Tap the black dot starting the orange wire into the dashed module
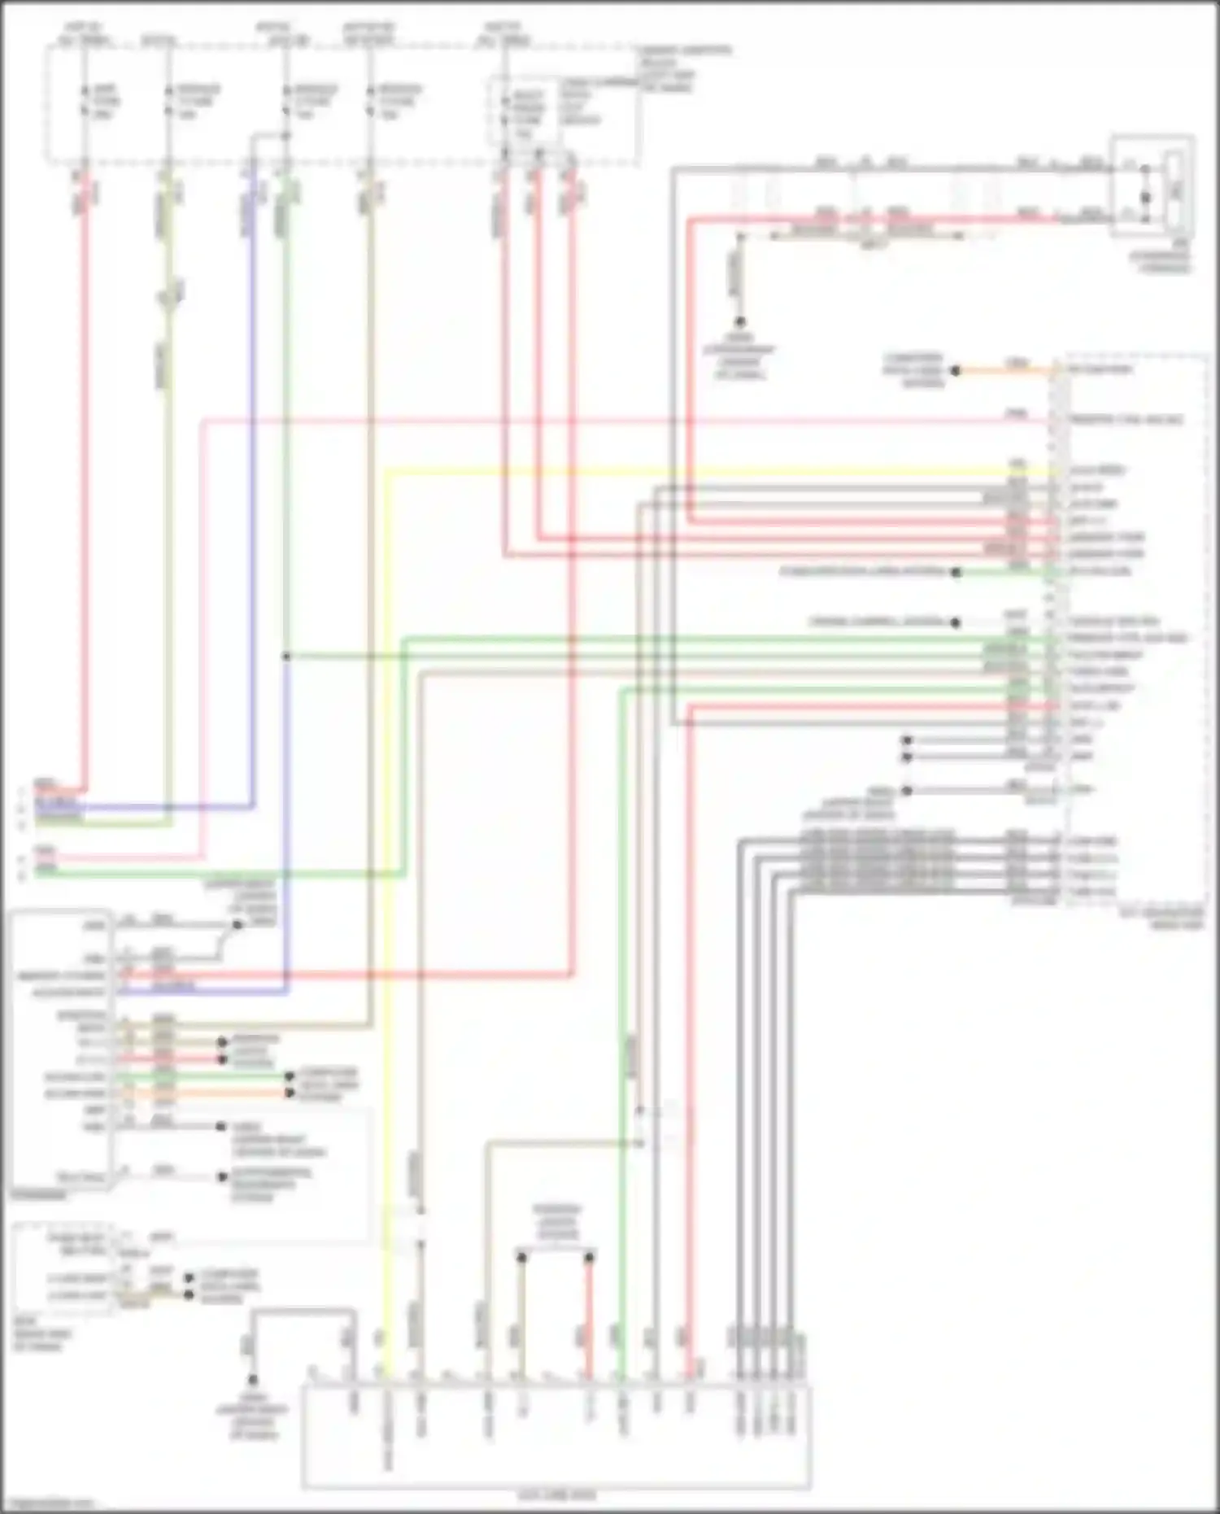click(x=956, y=371)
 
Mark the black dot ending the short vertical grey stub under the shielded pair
click(x=740, y=322)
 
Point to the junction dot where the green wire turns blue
click(x=286, y=656)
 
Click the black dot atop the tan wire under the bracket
click(x=521, y=1258)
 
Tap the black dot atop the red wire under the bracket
click(x=589, y=1258)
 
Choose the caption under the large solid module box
click(x=556, y=1495)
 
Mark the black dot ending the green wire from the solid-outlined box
click(x=290, y=1076)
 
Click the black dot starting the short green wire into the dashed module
click(x=956, y=573)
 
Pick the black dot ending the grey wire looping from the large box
click(x=252, y=1380)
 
